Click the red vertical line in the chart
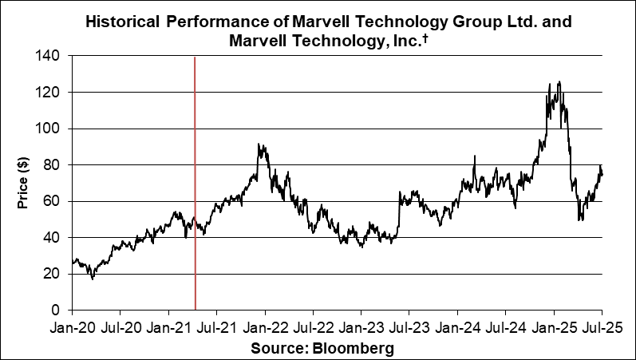pos(196,184)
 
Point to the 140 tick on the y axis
pos(49,57)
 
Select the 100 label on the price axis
pos(49,129)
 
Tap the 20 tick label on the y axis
pos(53,274)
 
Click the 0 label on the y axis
pos(56,310)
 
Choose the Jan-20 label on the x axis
pos(72,327)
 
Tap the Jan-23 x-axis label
pos(361,327)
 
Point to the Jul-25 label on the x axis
pos(602,327)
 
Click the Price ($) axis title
pos(23,183)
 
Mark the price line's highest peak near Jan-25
pos(559,81)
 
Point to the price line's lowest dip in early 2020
pos(93,279)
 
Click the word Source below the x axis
pos(277,349)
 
